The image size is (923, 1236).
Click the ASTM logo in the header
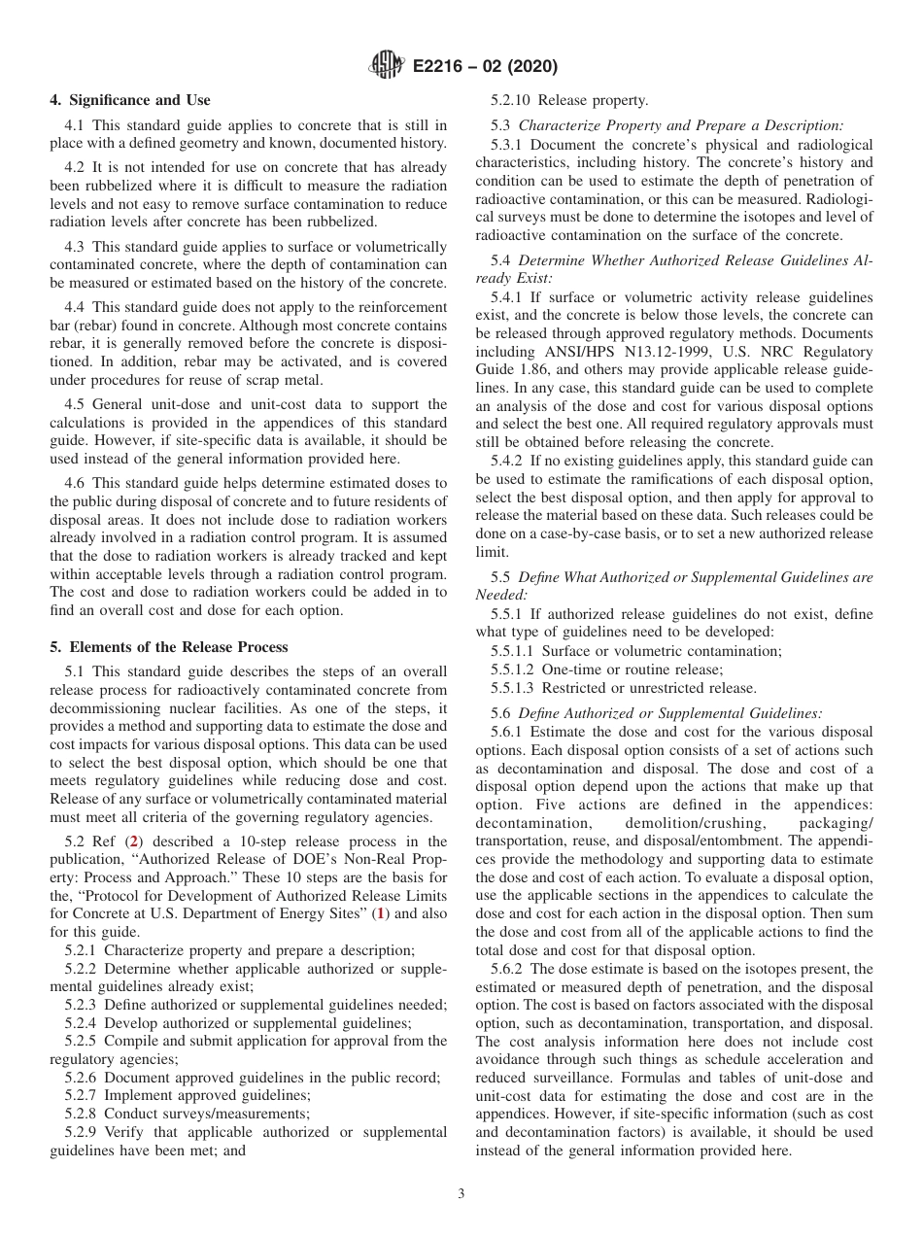click(388, 66)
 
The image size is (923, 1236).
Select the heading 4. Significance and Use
click(129, 100)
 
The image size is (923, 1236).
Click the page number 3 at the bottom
click(461, 1194)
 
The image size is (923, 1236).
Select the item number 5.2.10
click(512, 100)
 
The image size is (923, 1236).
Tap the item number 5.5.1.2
click(515, 669)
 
